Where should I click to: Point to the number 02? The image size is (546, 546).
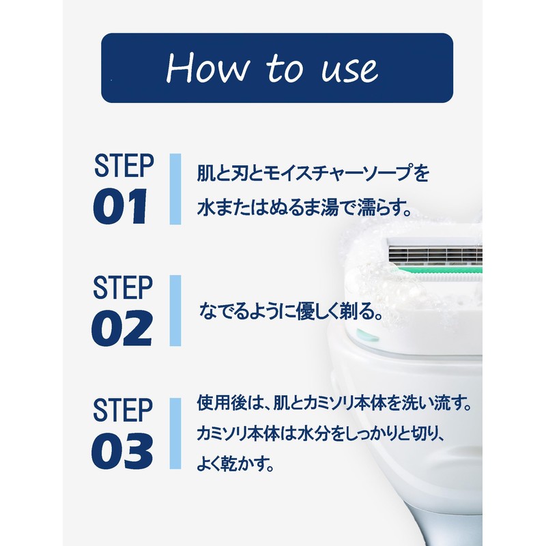point(121,328)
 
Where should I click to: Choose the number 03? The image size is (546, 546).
point(122,450)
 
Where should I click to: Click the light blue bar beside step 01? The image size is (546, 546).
point(175,189)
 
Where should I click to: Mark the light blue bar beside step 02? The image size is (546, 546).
point(175,311)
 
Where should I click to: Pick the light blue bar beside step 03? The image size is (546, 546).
point(175,433)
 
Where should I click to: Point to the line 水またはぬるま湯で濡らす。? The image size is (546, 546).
point(304,207)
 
